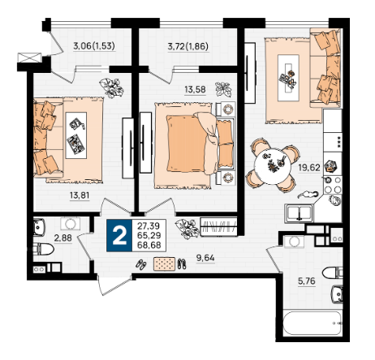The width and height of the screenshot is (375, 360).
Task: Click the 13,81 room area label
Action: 80,195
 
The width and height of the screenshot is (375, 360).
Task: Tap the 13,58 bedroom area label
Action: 195,89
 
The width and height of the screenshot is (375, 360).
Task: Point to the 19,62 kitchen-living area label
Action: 309,168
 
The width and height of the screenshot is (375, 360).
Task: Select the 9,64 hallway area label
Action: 205,258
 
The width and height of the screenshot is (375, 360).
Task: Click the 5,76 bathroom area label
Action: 307,281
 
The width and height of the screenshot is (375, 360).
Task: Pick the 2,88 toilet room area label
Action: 63,238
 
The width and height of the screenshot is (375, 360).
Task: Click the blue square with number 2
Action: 119,235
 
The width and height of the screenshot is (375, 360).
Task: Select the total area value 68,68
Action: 149,245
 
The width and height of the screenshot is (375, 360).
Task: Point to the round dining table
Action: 273,166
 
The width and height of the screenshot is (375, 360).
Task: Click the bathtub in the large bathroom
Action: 312,324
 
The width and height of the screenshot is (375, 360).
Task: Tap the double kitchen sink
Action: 299,213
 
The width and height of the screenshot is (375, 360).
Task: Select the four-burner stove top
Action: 333,185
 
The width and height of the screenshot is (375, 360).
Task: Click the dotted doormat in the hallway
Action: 164,264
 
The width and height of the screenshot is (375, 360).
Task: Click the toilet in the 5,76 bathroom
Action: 333,272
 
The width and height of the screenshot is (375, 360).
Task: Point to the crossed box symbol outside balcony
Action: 29,58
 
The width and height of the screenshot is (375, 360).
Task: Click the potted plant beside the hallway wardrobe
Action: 187,229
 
